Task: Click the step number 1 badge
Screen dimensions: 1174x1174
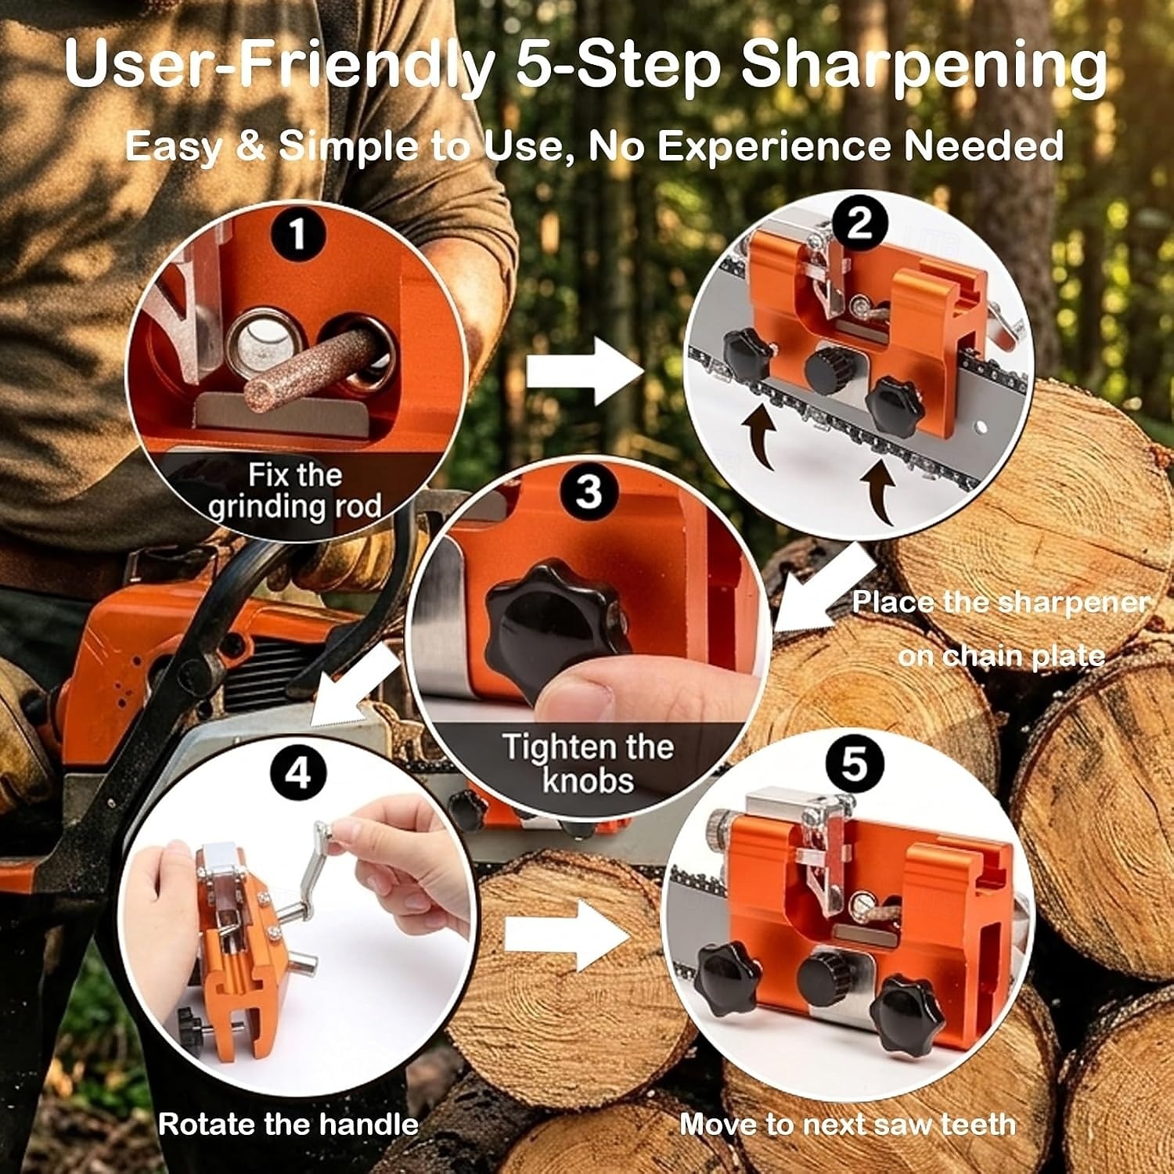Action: [297, 234]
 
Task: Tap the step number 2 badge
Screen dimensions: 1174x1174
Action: [860, 224]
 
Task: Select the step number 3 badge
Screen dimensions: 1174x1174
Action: [589, 492]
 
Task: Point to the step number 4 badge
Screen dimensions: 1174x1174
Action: [297, 773]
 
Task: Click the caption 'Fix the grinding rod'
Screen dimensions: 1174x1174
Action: [295, 491]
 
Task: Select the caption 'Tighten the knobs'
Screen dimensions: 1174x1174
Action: [588, 763]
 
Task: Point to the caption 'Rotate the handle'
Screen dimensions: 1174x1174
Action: [288, 1125]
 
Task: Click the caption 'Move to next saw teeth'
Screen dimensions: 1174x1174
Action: [848, 1125]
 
